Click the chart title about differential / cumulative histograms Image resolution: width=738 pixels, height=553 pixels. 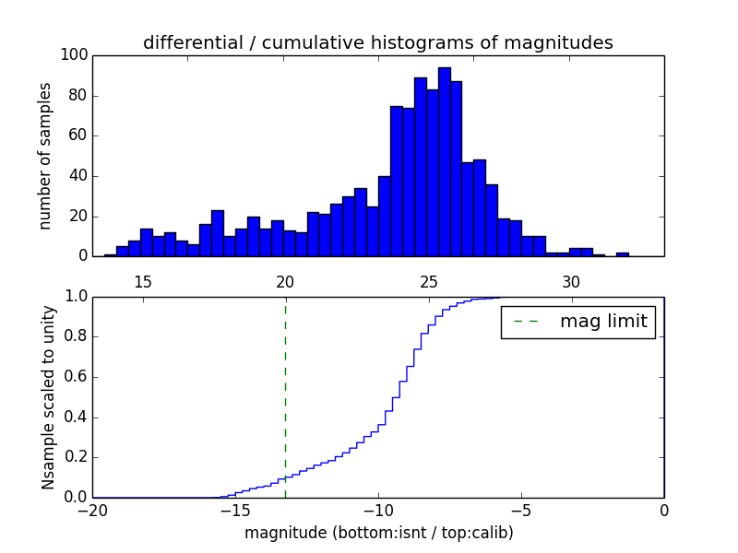[377, 42]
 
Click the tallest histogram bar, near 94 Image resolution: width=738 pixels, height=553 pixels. [444, 161]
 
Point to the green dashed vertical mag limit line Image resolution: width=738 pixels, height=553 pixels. [285, 396]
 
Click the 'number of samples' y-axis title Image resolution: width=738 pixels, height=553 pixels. [45, 156]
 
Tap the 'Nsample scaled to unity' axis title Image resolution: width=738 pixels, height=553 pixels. [48, 396]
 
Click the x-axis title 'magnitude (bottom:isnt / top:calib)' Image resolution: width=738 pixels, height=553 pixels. [378, 533]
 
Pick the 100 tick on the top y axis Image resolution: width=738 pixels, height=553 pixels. [75, 55]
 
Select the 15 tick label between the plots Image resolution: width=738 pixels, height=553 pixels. [143, 282]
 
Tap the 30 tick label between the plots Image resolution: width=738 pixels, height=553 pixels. [571, 282]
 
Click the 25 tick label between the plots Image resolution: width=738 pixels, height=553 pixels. [428, 282]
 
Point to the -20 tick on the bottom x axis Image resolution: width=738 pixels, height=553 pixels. [92, 510]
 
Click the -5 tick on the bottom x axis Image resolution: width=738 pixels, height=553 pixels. [521, 510]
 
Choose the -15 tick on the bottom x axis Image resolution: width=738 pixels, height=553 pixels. [235, 510]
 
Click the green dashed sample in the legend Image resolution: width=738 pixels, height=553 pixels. [525, 322]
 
